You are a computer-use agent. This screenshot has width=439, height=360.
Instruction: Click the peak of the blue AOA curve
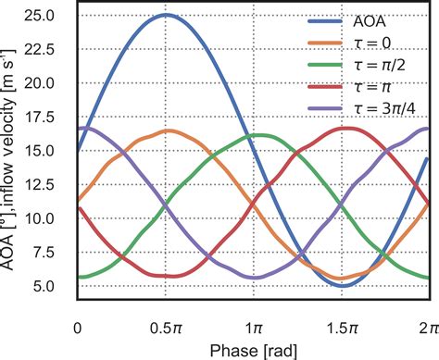pos(166,15)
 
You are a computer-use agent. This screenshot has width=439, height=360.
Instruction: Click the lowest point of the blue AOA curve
pos(343,285)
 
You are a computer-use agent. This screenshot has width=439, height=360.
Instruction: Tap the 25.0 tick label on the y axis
pos(39,15)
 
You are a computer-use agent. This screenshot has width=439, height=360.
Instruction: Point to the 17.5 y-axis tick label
pos(39,117)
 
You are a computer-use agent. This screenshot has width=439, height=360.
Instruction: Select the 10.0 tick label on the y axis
pos(39,218)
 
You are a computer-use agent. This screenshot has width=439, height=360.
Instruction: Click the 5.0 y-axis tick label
pos(44,286)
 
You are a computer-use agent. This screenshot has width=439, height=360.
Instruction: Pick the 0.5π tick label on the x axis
pos(166,329)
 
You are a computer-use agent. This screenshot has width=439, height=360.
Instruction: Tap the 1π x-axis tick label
pos(254,329)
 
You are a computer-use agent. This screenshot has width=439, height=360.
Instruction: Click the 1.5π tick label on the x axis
pos(342,329)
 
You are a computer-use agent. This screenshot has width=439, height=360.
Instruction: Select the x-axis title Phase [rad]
pos(254,351)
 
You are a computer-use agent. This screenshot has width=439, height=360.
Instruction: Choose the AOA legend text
pos(370,21)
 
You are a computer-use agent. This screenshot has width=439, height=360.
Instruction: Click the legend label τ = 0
pos(372,43)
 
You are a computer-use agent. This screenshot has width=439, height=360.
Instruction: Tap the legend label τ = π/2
pos(380,65)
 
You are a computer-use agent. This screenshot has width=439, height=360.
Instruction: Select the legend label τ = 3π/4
pos(384,108)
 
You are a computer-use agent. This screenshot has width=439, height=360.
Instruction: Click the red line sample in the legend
pos(325,87)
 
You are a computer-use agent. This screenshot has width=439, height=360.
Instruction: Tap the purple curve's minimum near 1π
pos(255,278)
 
